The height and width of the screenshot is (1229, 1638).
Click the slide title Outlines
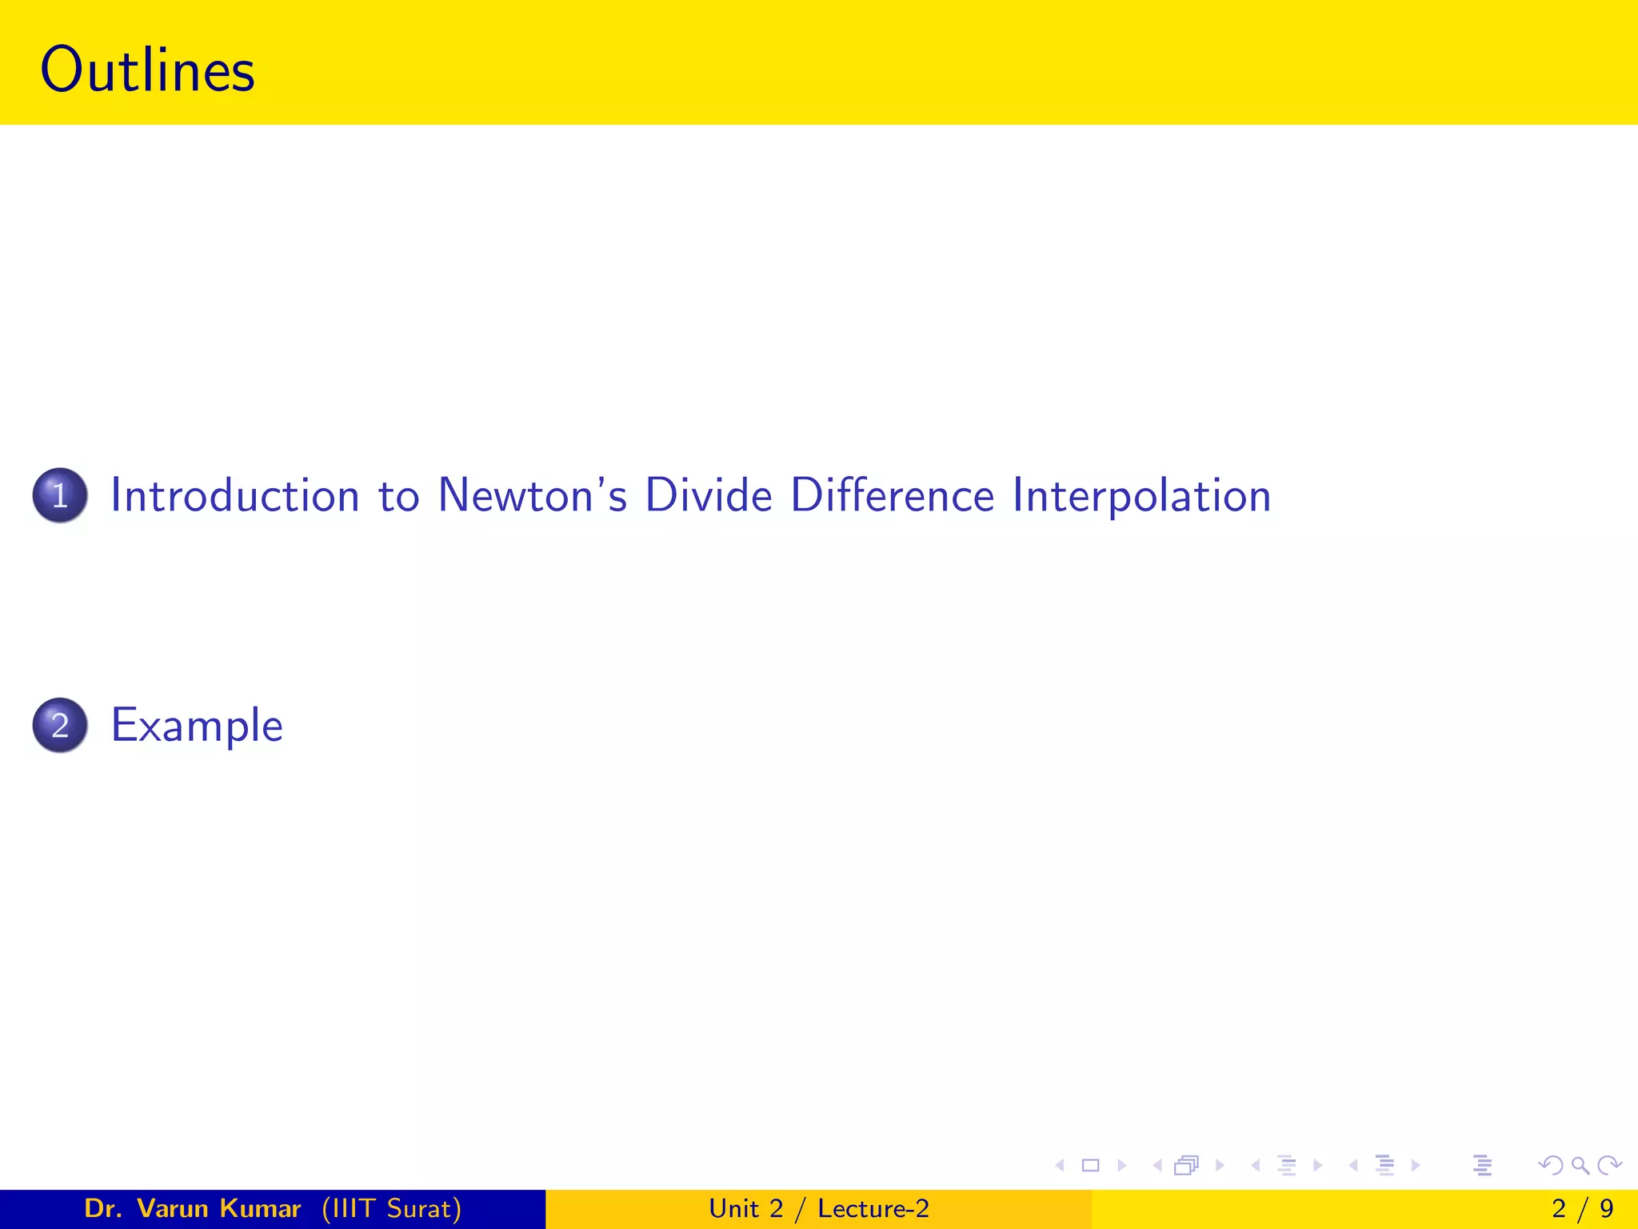[147, 70]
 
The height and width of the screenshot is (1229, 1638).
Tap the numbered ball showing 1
[60, 495]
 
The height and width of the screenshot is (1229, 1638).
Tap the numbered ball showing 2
[60, 725]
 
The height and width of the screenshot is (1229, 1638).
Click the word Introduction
[235, 495]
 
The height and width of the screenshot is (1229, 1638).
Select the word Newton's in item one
[532, 495]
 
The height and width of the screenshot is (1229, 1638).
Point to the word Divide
[709, 495]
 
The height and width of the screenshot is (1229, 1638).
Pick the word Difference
[892, 495]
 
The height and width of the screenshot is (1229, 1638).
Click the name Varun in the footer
[168, 1208]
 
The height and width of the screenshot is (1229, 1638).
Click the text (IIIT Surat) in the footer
[391, 1208]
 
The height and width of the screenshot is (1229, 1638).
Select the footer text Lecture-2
[873, 1208]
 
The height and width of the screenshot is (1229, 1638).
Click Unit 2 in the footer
[745, 1208]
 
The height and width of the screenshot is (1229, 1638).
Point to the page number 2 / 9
[1582, 1208]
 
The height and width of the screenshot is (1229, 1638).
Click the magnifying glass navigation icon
[1580, 1166]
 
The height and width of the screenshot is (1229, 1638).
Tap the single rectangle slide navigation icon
[1090, 1166]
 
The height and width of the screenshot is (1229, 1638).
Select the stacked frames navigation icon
[1187, 1166]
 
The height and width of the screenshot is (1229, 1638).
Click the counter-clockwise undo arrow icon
[1551, 1166]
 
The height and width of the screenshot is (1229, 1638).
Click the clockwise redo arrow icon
[1609, 1166]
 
